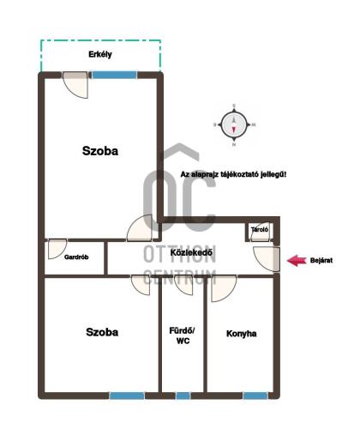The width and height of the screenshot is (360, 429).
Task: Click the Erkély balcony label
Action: tap(100, 54)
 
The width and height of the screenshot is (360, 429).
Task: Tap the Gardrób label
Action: tap(76, 257)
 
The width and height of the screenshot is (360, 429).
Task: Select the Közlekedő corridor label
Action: tap(191, 252)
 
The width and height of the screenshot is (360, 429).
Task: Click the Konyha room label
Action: tap(241, 334)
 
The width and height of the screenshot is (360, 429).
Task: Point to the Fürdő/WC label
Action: tap(182, 335)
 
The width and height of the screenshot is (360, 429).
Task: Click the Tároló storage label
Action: tap(260, 229)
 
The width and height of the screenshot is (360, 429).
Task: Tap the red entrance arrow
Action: tap(297, 261)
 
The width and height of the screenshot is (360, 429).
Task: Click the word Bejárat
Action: tap(321, 261)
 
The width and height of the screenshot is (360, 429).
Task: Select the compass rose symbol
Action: tap(234, 124)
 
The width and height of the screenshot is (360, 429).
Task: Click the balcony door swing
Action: tap(75, 85)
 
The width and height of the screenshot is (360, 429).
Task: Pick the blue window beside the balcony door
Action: tap(114, 75)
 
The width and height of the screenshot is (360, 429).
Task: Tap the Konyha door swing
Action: tap(224, 288)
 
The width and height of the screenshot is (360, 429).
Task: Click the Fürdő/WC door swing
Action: tap(183, 285)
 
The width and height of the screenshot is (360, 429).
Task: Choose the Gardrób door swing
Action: tap(57, 249)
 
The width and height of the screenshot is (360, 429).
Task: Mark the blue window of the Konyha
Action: tap(255, 396)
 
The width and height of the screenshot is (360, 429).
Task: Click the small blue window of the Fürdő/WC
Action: tap(183, 396)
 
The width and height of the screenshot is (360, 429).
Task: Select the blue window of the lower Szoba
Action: tap(127, 396)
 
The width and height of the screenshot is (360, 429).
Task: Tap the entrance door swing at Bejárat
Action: tap(267, 259)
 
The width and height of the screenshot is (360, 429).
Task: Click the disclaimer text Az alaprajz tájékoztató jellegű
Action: tap(233, 174)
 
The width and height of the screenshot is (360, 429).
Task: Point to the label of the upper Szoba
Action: tap(100, 151)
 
